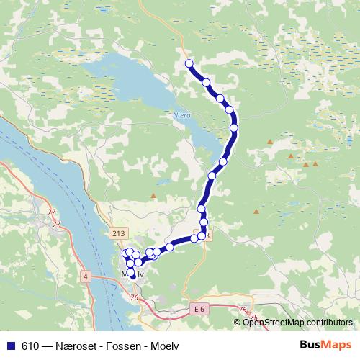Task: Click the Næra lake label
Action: [181, 114]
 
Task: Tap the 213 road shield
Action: [119, 233]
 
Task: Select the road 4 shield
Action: [85, 276]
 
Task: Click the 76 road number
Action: [135, 297]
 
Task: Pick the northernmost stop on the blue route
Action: [190, 64]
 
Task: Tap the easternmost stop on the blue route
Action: [234, 127]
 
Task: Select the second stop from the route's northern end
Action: [207, 83]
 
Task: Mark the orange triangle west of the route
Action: [153, 196]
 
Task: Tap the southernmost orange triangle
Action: [256, 212]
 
